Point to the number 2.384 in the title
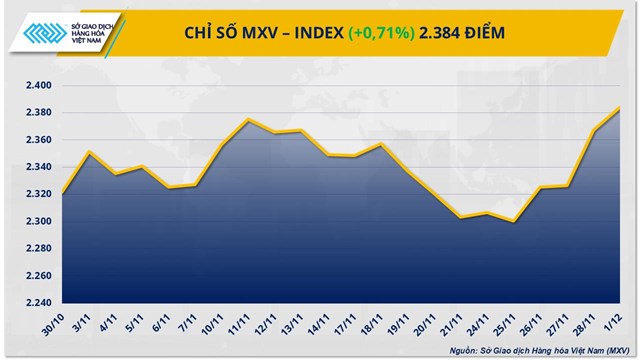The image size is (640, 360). pyautogui.click(x=449, y=33)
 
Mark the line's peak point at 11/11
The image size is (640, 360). pyautogui.click(x=247, y=120)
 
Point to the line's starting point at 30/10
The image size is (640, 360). pyautogui.click(x=61, y=193)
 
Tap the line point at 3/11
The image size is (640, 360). pyautogui.click(x=88, y=152)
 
